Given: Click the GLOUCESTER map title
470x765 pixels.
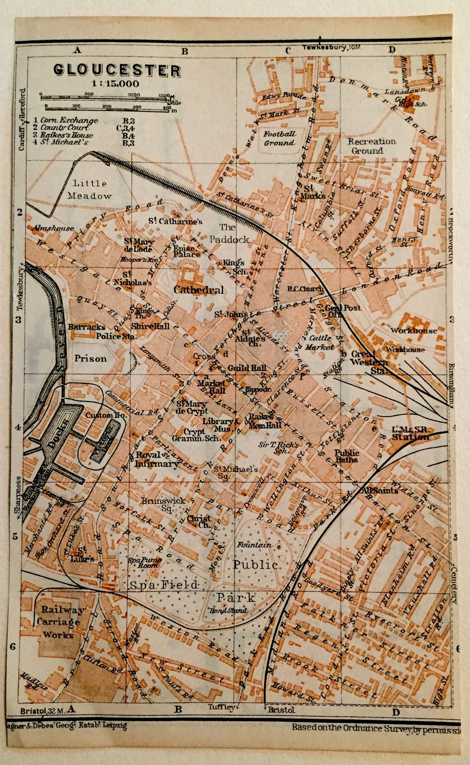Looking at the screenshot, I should click(x=117, y=70).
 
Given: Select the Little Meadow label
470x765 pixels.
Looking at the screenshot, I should click(x=90, y=190).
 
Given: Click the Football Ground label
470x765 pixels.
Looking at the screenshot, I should click(x=279, y=138).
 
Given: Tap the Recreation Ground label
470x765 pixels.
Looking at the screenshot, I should click(x=371, y=146).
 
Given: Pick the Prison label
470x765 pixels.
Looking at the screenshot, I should click(x=91, y=359).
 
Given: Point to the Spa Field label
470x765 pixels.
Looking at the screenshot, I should click(x=164, y=585).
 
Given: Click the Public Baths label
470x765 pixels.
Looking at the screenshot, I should click(x=346, y=456).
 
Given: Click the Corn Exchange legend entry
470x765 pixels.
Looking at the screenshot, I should click(x=69, y=120).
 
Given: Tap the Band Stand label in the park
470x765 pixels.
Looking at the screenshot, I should click(x=228, y=611).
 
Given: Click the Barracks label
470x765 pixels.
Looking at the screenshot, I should click(x=87, y=327).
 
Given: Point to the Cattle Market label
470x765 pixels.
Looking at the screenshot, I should click(x=320, y=342).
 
